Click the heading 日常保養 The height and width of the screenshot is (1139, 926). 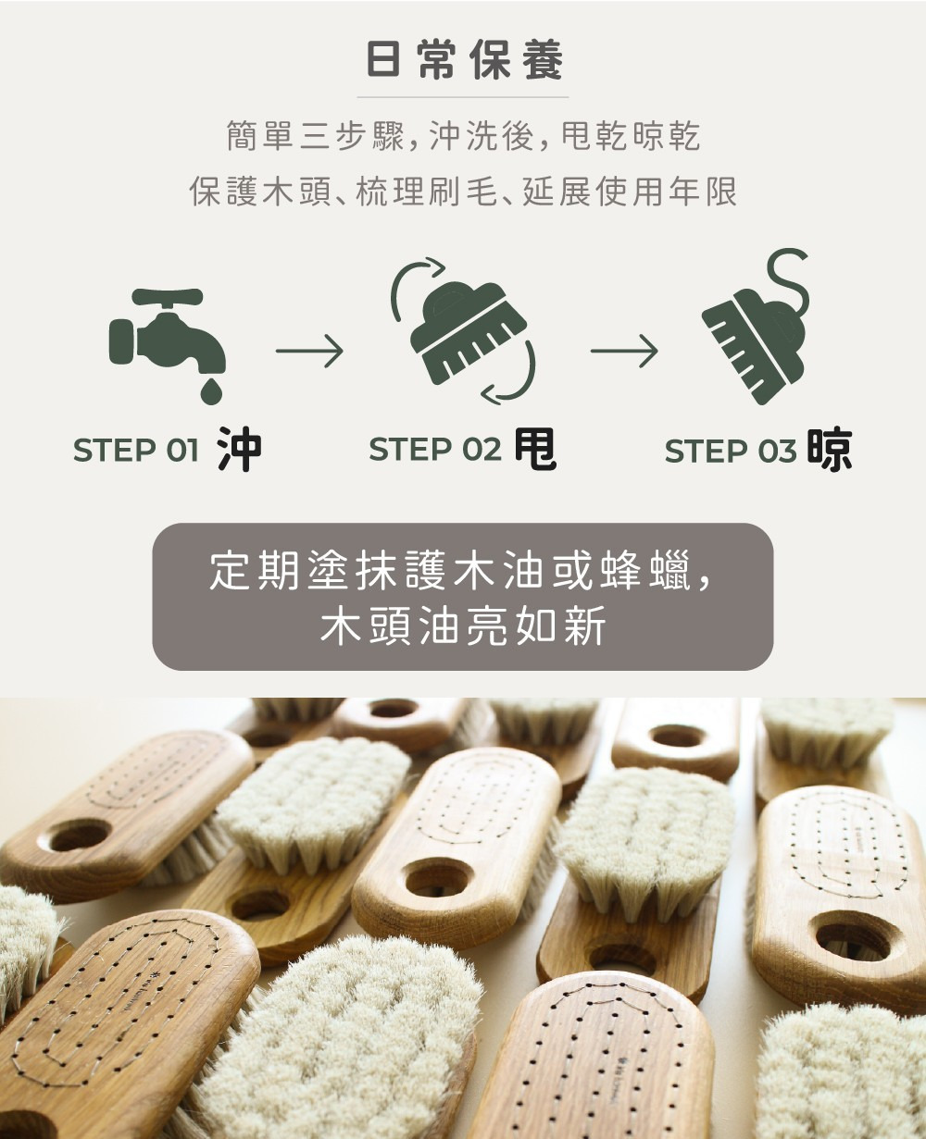point(465,60)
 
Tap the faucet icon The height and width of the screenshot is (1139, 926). point(168,346)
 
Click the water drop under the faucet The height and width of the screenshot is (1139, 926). point(211,390)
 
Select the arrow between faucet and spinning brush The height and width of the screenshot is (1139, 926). point(309,352)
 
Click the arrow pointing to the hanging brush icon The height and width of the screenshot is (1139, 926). point(624,352)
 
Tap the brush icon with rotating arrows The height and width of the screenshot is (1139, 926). point(464,331)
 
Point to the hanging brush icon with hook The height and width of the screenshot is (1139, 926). point(755,327)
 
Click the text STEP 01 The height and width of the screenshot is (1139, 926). point(136,451)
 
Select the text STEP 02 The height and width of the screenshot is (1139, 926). point(435,449)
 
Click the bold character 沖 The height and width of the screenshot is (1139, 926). point(240,449)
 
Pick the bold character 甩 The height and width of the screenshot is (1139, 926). point(536,449)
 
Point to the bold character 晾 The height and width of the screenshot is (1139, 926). point(831,449)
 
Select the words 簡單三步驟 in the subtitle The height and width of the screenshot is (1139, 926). point(316,136)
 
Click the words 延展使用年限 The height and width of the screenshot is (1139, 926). point(630,192)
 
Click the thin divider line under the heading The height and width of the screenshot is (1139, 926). point(463,98)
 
